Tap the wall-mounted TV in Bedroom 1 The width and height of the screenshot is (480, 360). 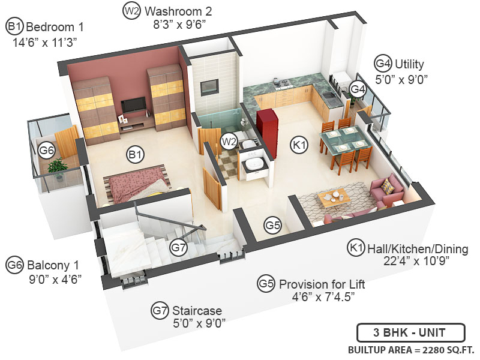click(x=132, y=106)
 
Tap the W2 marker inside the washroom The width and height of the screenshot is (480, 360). click(x=228, y=141)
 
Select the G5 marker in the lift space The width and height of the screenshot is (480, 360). click(x=273, y=226)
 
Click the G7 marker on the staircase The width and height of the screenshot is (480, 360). click(x=179, y=246)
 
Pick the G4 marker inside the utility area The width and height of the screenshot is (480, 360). click(x=358, y=89)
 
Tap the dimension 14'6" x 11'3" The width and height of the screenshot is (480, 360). click(x=45, y=42)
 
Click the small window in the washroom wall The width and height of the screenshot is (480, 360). click(x=209, y=85)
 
